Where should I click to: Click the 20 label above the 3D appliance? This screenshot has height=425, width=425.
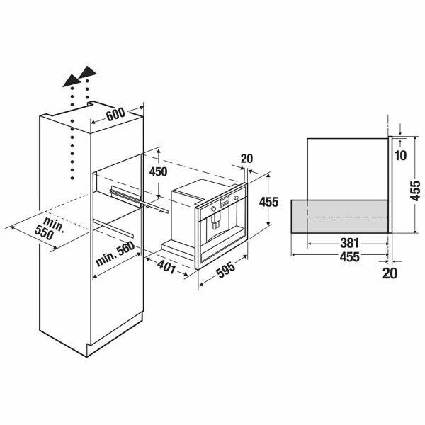(247, 159)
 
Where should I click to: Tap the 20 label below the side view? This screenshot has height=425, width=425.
(390, 272)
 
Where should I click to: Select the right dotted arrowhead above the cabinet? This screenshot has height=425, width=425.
(88, 73)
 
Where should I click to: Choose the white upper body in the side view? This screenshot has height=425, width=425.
(347, 166)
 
